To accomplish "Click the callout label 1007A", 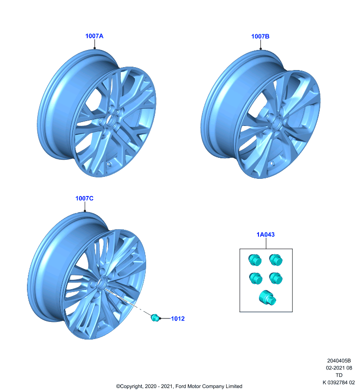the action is tap(94, 36).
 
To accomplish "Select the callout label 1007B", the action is tap(260, 36).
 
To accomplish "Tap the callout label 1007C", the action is tap(84, 198).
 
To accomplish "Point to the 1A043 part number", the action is tap(265, 235).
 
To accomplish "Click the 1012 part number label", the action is tap(178, 318).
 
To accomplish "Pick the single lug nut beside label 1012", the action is tap(155, 318).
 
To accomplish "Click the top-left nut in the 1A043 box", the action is tap(255, 260).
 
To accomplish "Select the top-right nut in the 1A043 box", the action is tap(276, 260).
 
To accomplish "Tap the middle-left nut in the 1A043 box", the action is tap(256, 278).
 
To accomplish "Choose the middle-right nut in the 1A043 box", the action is tap(276, 278).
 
